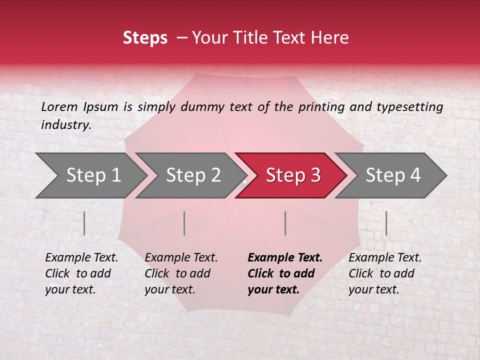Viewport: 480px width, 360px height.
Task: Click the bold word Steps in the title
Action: click(x=145, y=38)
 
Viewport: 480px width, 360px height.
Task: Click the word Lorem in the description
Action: click(x=59, y=107)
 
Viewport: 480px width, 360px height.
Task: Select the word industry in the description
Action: click(x=65, y=125)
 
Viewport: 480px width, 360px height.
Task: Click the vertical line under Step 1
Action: click(x=84, y=223)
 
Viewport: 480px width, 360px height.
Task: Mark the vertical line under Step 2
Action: click(x=184, y=223)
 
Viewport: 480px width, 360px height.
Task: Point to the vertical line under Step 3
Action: click(x=285, y=223)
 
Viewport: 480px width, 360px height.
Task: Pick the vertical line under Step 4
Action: click(x=386, y=223)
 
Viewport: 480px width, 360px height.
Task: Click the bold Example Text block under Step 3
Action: click(x=285, y=273)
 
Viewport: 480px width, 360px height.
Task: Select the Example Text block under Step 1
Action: click(x=81, y=273)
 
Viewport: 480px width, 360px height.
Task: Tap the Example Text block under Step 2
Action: click(x=181, y=273)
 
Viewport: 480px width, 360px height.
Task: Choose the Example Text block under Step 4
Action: click(x=385, y=273)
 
